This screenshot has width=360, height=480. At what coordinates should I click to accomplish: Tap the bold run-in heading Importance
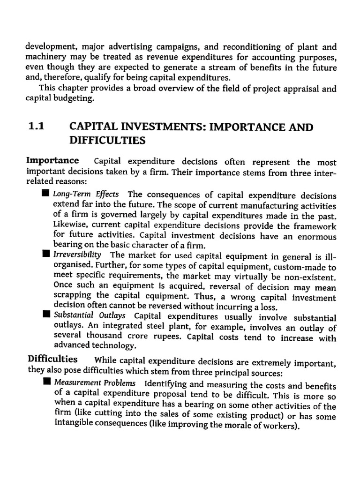(53, 162)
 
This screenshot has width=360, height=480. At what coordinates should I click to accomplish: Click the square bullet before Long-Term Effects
(45, 194)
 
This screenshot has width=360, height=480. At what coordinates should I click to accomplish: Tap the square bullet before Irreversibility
(45, 255)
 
